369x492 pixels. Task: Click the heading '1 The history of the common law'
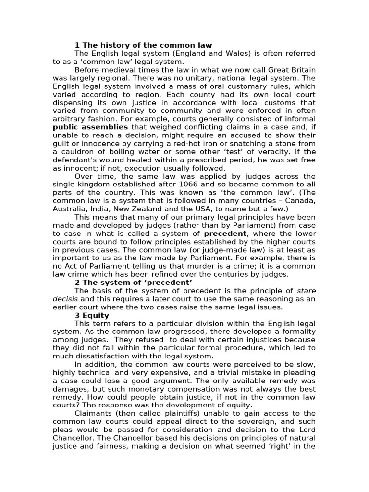pos(143,45)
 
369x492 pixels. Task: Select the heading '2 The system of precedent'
pos(134,282)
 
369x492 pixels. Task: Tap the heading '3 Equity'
pos(92,315)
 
